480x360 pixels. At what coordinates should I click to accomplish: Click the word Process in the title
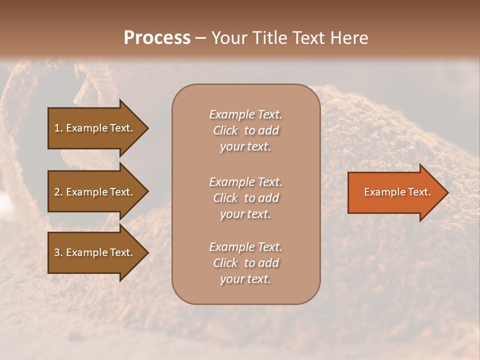157,38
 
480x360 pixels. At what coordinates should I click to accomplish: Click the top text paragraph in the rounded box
245,130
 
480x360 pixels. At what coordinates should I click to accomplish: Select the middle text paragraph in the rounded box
245,198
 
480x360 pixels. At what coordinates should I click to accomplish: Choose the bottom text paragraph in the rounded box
245,263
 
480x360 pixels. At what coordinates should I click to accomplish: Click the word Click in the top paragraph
225,130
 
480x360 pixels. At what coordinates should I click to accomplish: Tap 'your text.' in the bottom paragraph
245,279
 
